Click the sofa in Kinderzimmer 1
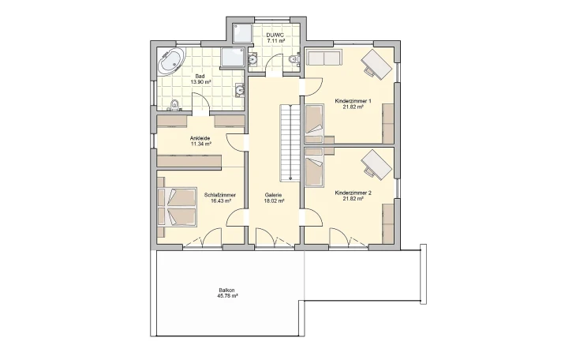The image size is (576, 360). pos(324,58)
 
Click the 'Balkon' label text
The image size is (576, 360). pos(227,291)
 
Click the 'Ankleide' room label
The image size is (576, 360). pos(200,139)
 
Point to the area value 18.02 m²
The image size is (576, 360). pos(274,201)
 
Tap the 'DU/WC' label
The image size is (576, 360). pos(275,36)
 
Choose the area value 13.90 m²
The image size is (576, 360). pos(200,82)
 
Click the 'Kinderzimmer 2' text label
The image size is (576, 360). pos(353,193)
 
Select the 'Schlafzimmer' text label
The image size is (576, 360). pos(218,194)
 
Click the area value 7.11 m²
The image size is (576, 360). pos(275,42)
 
